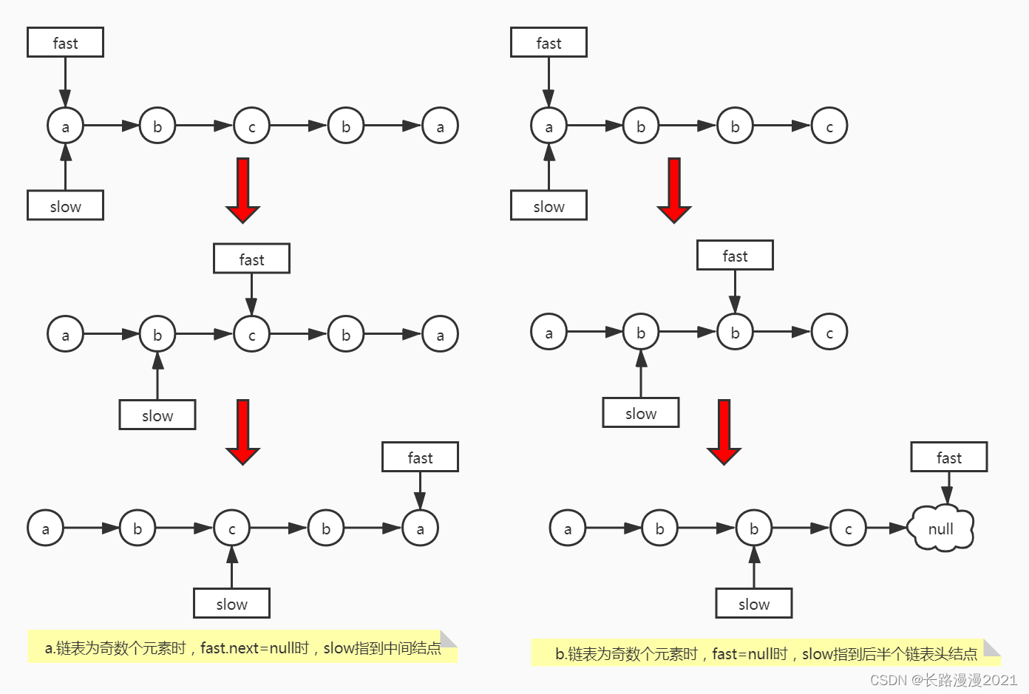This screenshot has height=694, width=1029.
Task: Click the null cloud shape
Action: [x=941, y=528]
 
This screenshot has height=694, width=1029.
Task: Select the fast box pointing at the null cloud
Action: [x=948, y=457]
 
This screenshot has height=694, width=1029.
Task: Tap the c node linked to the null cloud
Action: [x=848, y=528]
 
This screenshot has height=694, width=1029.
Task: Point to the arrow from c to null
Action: [x=887, y=528]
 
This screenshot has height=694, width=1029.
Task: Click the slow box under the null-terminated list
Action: [x=753, y=604]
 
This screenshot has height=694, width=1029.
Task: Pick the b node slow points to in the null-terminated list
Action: [x=753, y=528]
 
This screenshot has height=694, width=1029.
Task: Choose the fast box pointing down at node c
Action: [x=251, y=259]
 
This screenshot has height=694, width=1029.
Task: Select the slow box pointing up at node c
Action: [x=231, y=604]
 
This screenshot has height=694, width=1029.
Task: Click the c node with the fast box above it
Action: [x=251, y=335]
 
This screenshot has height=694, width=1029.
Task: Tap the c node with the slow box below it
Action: [x=231, y=528]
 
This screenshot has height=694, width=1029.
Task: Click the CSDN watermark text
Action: [x=943, y=680]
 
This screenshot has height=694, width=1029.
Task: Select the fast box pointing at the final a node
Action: [x=420, y=457]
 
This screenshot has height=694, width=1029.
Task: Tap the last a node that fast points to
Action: [x=420, y=528]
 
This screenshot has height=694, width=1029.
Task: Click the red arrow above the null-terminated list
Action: [x=724, y=432]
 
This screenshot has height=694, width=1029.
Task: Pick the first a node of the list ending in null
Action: [x=568, y=528]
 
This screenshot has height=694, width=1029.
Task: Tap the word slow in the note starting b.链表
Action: [x=817, y=654]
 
